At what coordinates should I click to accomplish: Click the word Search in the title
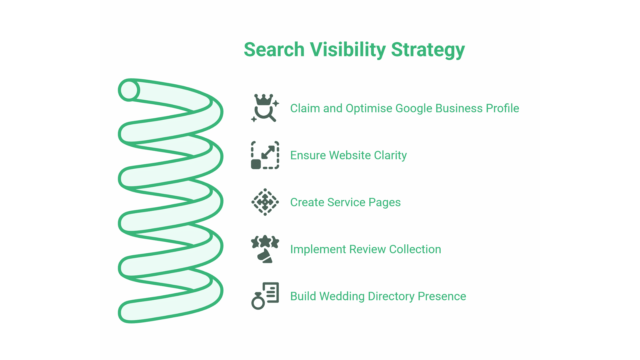[274, 50]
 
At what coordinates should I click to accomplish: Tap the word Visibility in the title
[348, 50]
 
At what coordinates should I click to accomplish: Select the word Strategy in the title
[428, 50]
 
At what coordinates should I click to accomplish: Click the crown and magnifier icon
[265, 108]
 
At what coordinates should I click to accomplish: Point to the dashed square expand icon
[265, 155]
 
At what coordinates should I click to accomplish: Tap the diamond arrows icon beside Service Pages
[265, 202]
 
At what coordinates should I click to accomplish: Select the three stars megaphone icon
[265, 249]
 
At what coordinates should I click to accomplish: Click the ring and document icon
[265, 296]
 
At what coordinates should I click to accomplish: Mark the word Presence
[442, 296]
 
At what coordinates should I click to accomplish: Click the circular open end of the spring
[129, 90]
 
